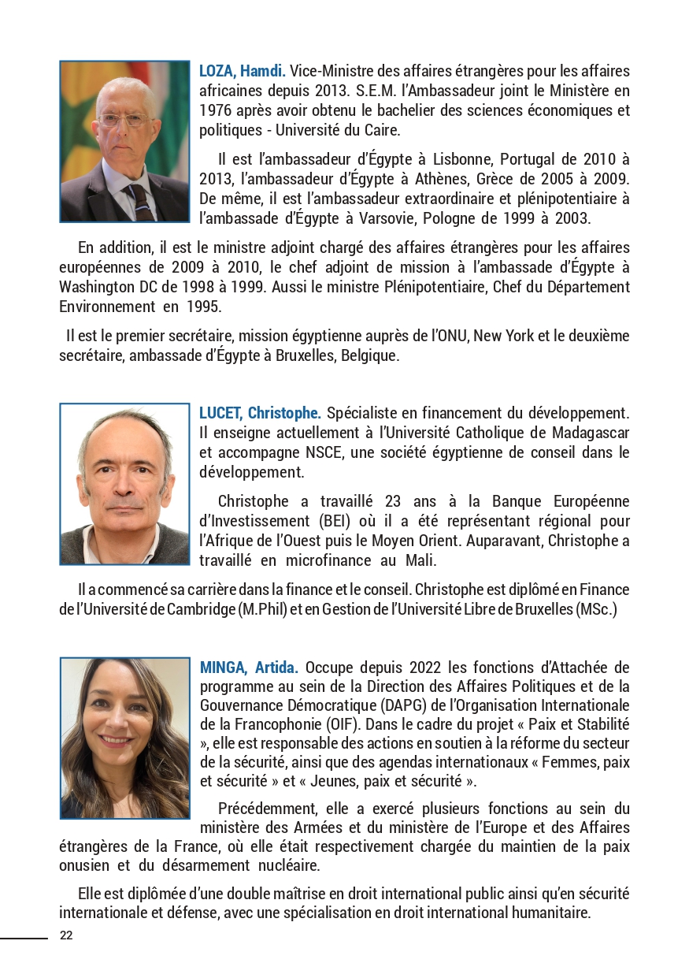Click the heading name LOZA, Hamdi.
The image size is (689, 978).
(x=243, y=71)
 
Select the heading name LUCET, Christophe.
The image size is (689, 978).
(x=260, y=413)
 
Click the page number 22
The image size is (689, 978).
(x=66, y=935)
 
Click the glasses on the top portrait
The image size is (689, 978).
(x=123, y=121)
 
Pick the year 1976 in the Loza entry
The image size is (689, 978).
(x=216, y=110)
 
